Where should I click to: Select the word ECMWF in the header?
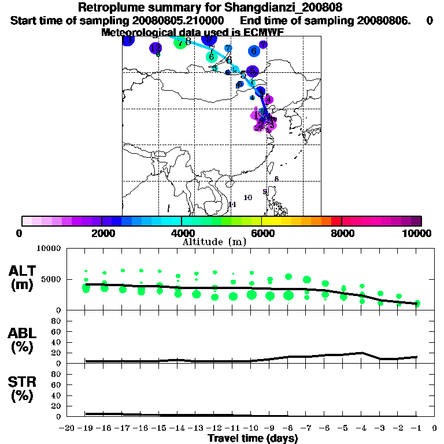[264, 32]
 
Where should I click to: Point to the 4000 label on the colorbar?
[182, 233]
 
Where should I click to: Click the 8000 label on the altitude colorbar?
[342, 233]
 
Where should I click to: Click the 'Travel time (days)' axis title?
[253, 439]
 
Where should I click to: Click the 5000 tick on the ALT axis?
[52, 279]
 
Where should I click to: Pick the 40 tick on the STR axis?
[56, 395]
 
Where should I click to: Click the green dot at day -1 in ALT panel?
[417, 304]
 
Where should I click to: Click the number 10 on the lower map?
[248, 198]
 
